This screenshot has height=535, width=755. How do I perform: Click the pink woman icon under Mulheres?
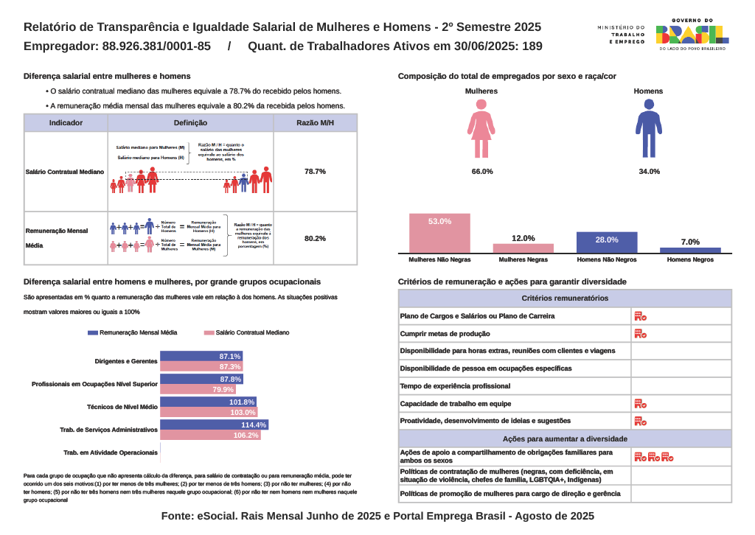coord(481,128)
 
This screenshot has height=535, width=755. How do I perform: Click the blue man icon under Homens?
coord(649,128)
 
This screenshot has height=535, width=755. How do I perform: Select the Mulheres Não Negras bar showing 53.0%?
coord(439,234)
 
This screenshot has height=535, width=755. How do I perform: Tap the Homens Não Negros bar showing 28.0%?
coord(607,242)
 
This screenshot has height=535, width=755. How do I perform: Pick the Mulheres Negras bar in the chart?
coord(523,248)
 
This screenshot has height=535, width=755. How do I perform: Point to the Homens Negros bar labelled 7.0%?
coord(690,250)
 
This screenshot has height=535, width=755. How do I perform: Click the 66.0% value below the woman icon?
coord(482,171)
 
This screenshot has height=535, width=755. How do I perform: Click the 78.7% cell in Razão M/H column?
coord(315,171)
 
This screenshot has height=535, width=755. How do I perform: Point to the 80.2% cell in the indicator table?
coord(315,238)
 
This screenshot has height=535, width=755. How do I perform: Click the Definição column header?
coord(190,123)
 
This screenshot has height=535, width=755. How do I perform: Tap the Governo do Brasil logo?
coord(692,34)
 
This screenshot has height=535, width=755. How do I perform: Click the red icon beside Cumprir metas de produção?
coord(640,334)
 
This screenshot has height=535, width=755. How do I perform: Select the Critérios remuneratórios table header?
coord(565,298)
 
